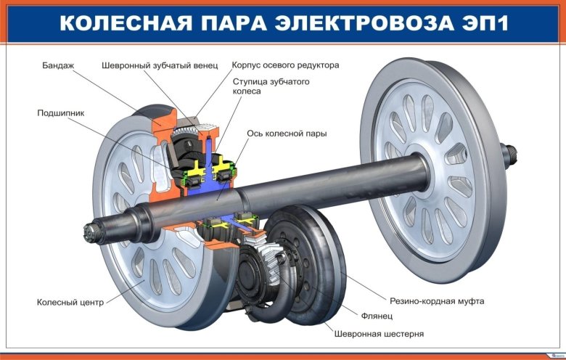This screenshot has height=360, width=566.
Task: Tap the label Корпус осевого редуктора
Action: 285,65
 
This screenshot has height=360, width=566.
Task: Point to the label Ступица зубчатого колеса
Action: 271,87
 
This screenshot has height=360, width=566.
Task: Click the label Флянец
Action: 377,316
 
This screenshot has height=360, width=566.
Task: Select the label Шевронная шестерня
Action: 379,334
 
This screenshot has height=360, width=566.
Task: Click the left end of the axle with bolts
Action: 92,234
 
